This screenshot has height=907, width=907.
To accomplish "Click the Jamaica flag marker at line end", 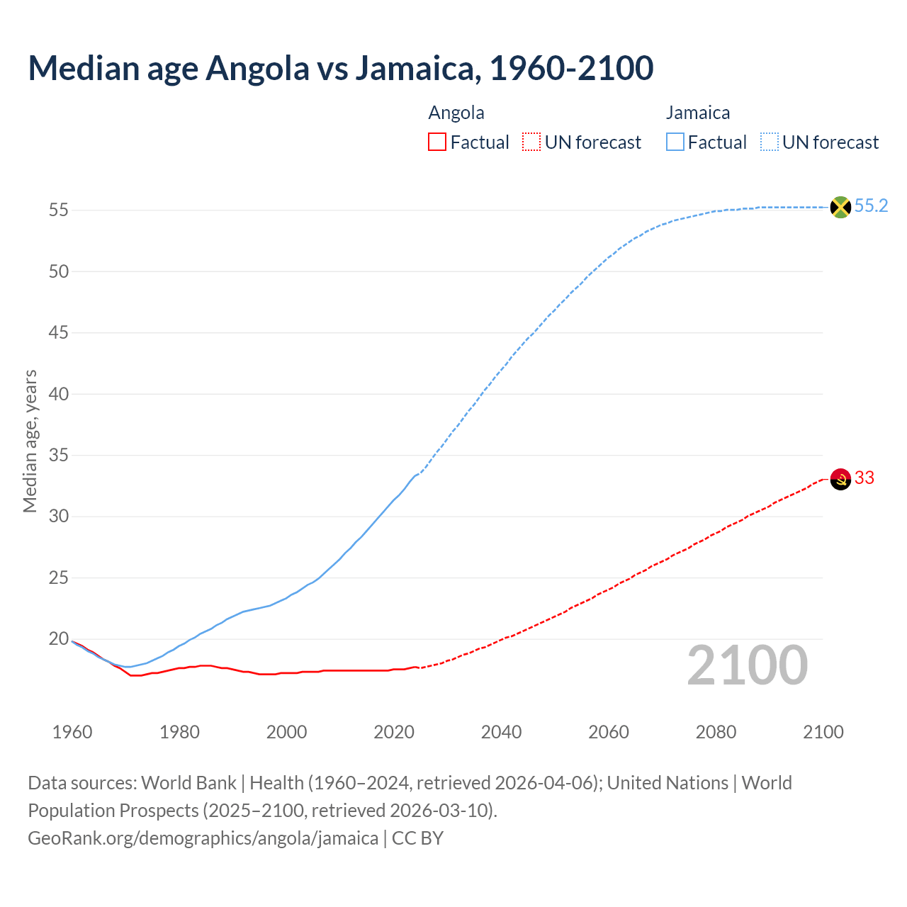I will click(840, 207).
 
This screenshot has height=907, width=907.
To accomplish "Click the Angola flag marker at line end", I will click(840, 479).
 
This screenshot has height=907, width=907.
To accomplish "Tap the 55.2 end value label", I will click(871, 206).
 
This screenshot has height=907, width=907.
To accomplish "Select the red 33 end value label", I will click(864, 478).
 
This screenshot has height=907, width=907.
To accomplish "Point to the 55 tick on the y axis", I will click(59, 210).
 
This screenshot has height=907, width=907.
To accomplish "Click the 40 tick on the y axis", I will click(59, 394).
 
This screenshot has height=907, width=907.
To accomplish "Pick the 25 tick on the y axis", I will click(59, 578).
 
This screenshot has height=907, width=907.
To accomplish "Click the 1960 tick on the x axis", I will click(72, 732).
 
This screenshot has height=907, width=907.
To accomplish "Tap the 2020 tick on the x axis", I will click(394, 732).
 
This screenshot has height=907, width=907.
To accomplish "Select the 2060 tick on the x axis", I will click(609, 732).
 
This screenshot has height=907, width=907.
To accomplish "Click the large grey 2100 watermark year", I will click(748, 665).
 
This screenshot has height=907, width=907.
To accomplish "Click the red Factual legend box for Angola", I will click(437, 142).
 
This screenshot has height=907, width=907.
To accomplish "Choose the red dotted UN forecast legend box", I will click(531, 142).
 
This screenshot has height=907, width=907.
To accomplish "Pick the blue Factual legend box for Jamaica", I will click(675, 142).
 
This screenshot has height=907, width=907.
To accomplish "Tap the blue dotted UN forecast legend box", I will click(770, 142).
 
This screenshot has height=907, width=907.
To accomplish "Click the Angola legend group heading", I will click(456, 113).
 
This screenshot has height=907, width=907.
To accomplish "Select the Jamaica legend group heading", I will click(698, 113).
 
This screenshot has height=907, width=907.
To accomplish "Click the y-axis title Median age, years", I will click(30, 441).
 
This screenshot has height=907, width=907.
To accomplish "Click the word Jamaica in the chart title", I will click(416, 68).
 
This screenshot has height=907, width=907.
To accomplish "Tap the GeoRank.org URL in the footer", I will click(203, 838).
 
